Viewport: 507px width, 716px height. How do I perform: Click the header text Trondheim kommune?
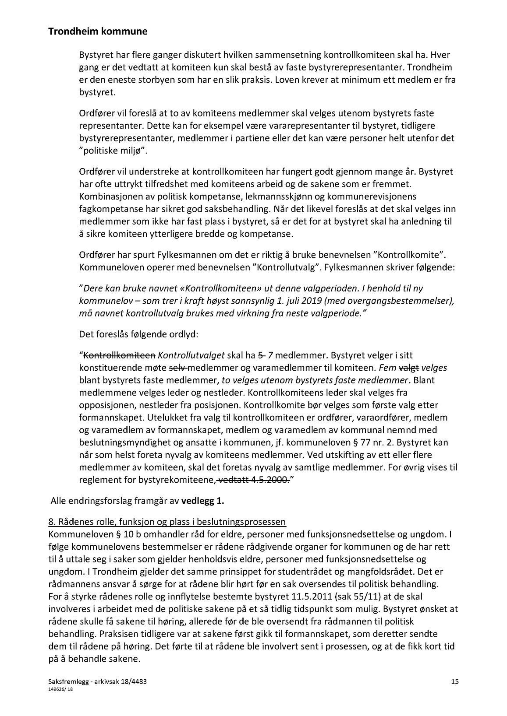[97, 32]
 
